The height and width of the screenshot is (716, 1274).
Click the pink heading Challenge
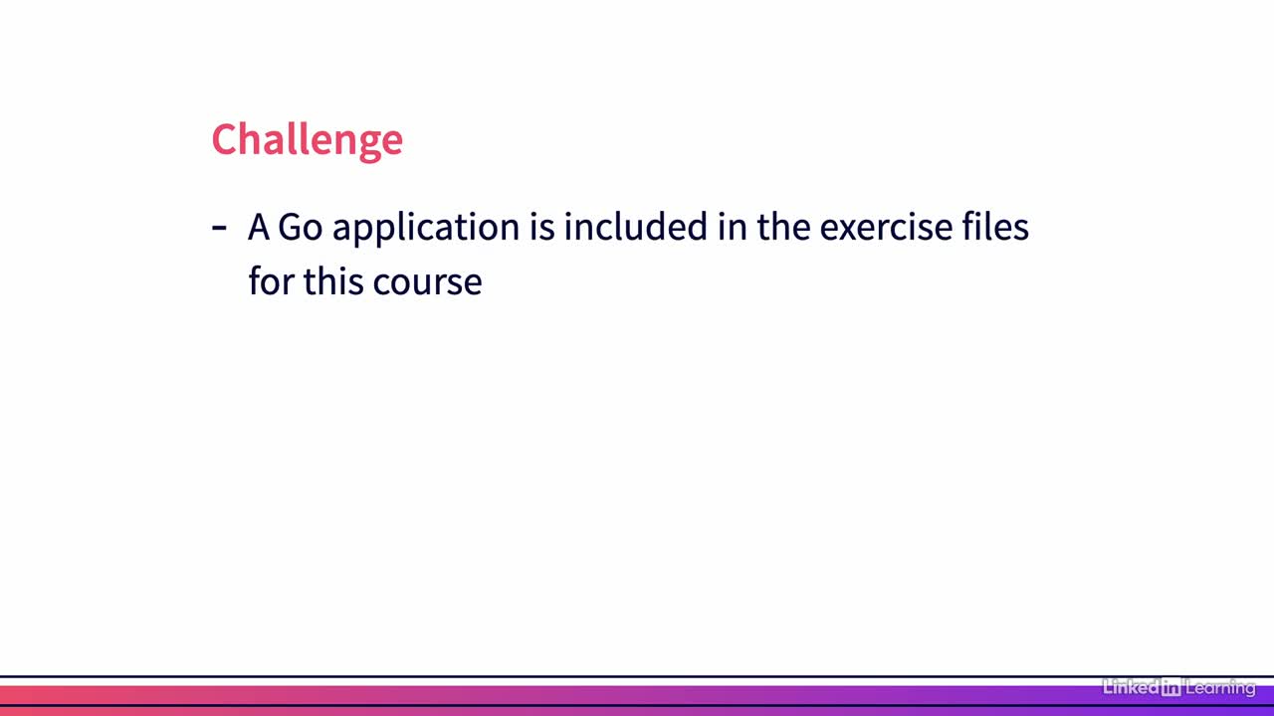(x=308, y=140)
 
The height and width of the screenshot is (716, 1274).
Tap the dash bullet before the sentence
(x=219, y=229)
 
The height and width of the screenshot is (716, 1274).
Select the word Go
(x=301, y=227)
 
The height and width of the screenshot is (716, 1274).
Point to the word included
(x=636, y=226)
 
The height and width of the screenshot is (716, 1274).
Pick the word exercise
(x=886, y=227)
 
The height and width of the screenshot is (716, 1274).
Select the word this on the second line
(x=333, y=280)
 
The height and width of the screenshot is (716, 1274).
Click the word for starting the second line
(x=272, y=280)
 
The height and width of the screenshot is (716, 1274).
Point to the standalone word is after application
(x=542, y=227)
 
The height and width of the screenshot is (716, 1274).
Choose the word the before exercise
(x=783, y=226)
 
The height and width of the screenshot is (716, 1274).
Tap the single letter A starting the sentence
(x=259, y=227)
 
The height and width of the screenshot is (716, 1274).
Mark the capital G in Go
(x=289, y=227)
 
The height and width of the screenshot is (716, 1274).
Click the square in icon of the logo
(x=1171, y=687)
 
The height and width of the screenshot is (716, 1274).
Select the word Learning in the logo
(x=1220, y=688)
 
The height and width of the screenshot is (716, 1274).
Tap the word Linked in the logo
(x=1131, y=687)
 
